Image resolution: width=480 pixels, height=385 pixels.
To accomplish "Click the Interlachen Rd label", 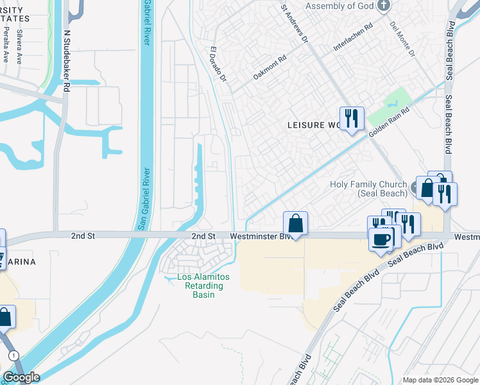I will (x=353, y=38).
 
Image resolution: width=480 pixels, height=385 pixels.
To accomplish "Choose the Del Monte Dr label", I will (x=402, y=38).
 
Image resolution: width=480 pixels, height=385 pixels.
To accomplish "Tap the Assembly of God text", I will (x=339, y=6).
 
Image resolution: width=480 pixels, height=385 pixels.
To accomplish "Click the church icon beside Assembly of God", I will (x=384, y=6).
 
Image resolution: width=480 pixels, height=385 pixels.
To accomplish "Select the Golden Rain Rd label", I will (x=389, y=121).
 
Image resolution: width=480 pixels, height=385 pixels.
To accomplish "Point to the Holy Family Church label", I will (x=368, y=189).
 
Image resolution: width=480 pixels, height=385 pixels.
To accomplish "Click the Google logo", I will (x=21, y=377).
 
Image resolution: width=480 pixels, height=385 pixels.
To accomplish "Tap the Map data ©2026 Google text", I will (x=440, y=380).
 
